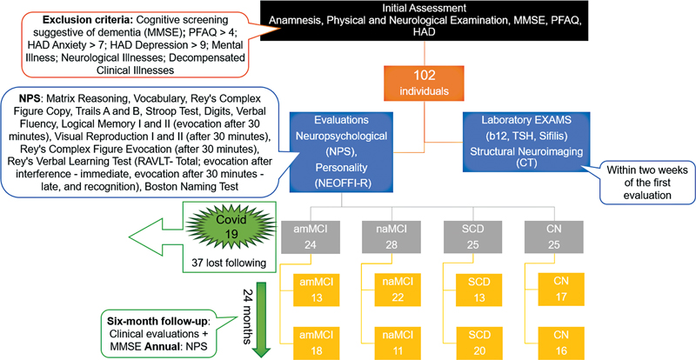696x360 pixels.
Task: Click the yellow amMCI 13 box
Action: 317,290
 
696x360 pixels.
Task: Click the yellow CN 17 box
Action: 561,289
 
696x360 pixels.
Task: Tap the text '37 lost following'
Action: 230,263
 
